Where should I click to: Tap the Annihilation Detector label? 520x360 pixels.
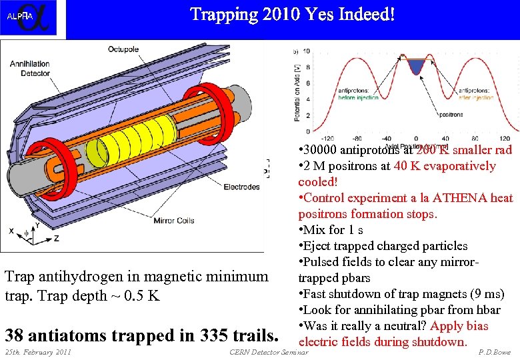(x=30, y=69)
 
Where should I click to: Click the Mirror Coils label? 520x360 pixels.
(x=173, y=220)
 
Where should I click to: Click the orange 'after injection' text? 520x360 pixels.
(x=476, y=97)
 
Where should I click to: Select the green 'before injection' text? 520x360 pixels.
(x=356, y=97)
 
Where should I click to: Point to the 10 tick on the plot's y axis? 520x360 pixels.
(x=306, y=51)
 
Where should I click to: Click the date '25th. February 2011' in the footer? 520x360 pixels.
(x=38, y=352)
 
